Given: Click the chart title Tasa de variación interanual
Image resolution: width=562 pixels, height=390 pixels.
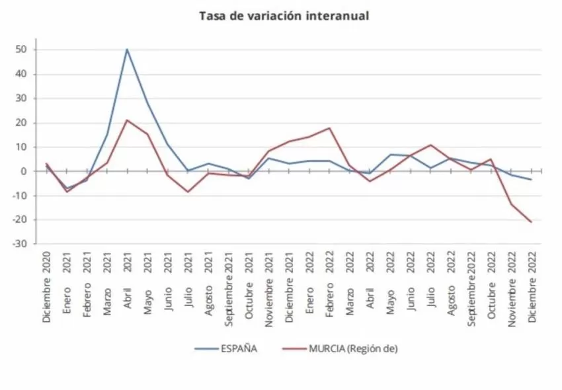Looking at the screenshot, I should pos(284,15).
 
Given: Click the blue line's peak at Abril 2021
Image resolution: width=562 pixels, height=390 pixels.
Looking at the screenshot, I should pos(127,49).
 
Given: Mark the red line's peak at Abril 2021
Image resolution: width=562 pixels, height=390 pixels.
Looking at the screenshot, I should pos(127,120).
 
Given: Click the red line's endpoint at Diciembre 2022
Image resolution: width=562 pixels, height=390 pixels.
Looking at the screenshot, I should pos(531,222).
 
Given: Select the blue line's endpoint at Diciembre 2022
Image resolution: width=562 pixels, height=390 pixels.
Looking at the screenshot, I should pos(531,179).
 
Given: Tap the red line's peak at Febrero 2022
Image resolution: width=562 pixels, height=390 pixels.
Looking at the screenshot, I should pos(329,128).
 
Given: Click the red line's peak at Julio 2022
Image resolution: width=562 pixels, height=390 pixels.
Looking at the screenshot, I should pos(430,145).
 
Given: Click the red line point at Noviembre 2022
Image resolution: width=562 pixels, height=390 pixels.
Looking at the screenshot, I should pos(511,204).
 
